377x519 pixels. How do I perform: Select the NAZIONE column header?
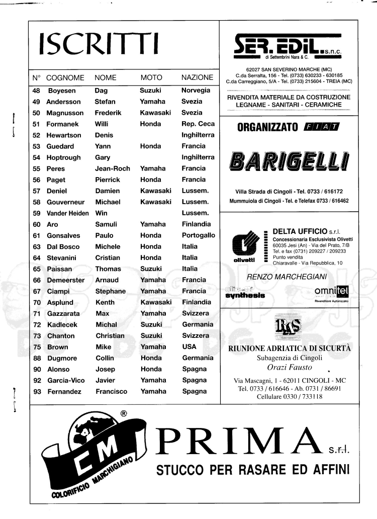(197, 78)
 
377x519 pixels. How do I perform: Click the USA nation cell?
(190, 347)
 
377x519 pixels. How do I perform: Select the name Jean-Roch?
(113, 168)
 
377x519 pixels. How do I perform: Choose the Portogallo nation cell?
(198, 235)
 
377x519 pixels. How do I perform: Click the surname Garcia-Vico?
(66, 380)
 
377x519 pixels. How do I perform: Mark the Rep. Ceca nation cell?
(198, 124)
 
